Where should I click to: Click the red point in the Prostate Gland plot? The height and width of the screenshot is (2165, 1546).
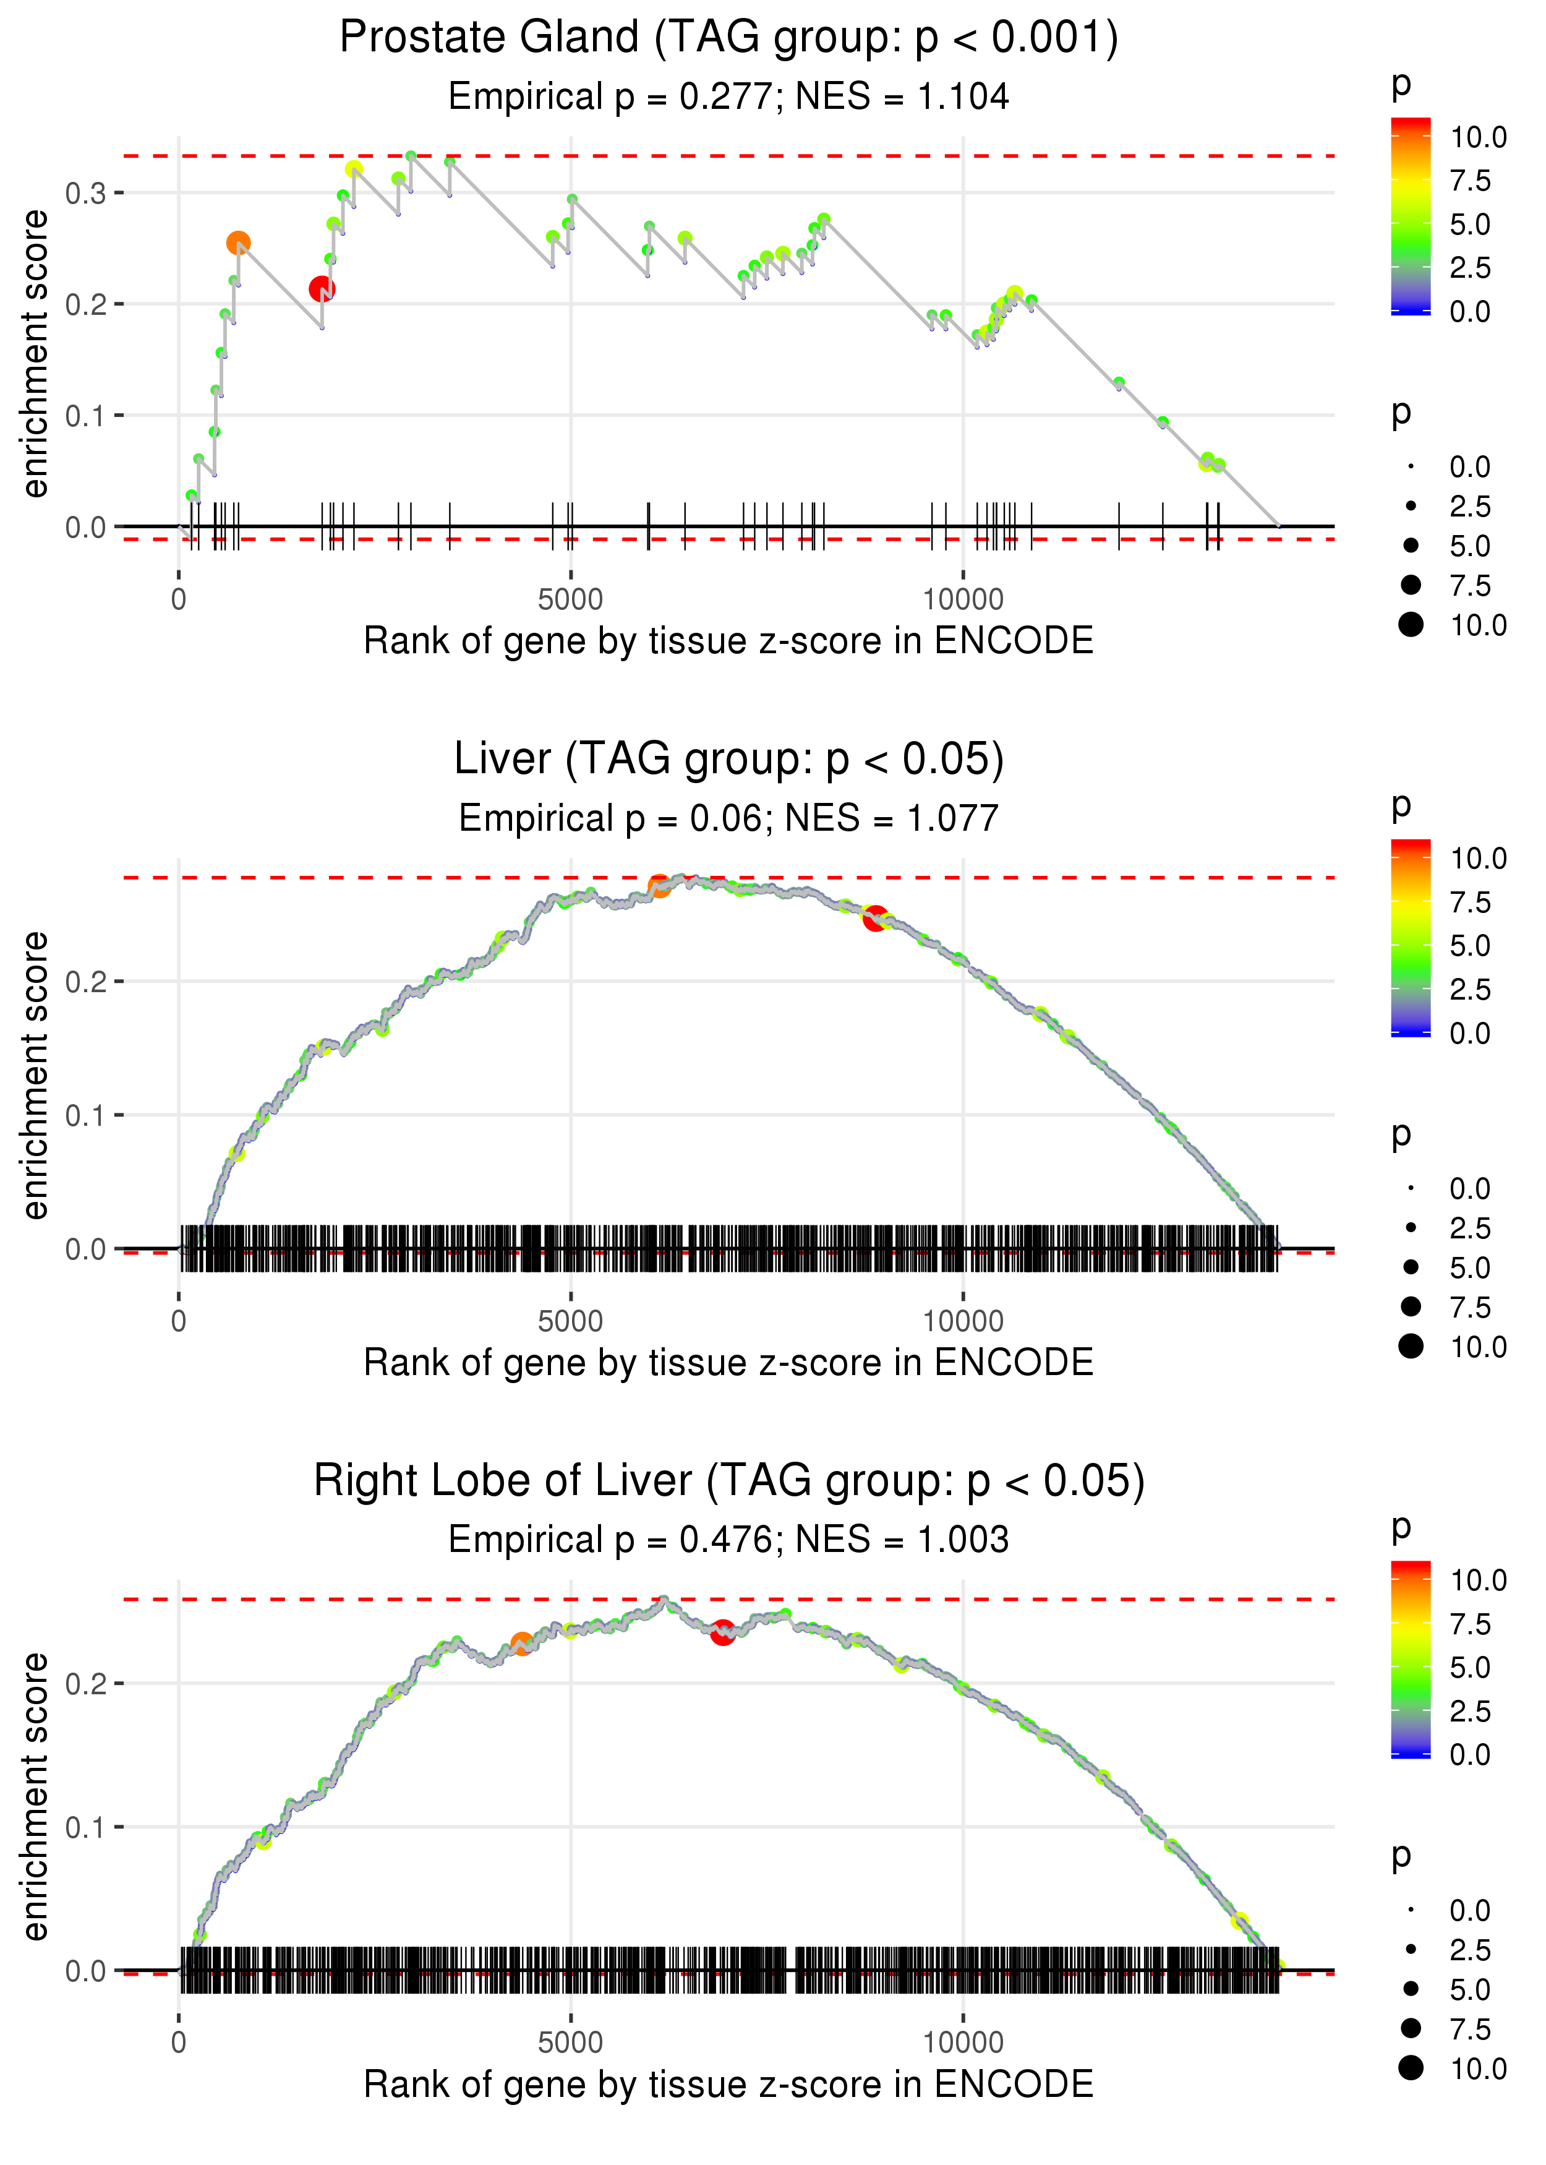coord(322,288)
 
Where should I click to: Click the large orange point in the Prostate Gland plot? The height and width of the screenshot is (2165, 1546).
coord(238,242)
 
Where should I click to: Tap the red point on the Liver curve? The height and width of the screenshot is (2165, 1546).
coord(875,918)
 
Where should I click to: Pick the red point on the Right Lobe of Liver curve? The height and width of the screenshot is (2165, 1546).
coord(722,1633)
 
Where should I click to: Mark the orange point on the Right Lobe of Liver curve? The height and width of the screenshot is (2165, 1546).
coord(522,1644)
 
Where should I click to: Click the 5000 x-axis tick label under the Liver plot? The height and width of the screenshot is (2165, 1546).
coord(570,1321)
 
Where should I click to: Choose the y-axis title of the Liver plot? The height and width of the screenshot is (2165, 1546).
coord(35,1075)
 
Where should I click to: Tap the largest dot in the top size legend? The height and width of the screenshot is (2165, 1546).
coord(1411,625)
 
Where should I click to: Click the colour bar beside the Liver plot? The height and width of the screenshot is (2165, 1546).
coord(1410,938)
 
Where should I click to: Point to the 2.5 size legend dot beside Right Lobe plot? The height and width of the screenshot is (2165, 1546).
coord(1411,1950)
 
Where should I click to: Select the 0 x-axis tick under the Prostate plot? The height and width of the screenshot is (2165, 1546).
coord(179,600)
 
